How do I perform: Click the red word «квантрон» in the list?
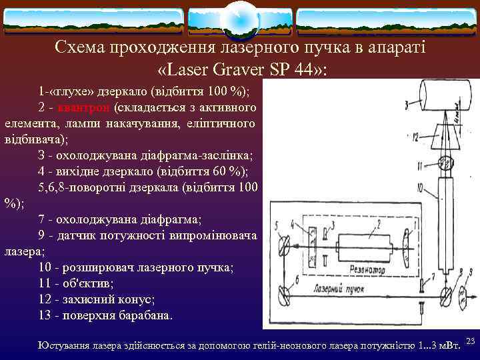(83, 107)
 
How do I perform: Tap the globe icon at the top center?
(239, 19)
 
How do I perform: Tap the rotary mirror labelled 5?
(285, 248)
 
